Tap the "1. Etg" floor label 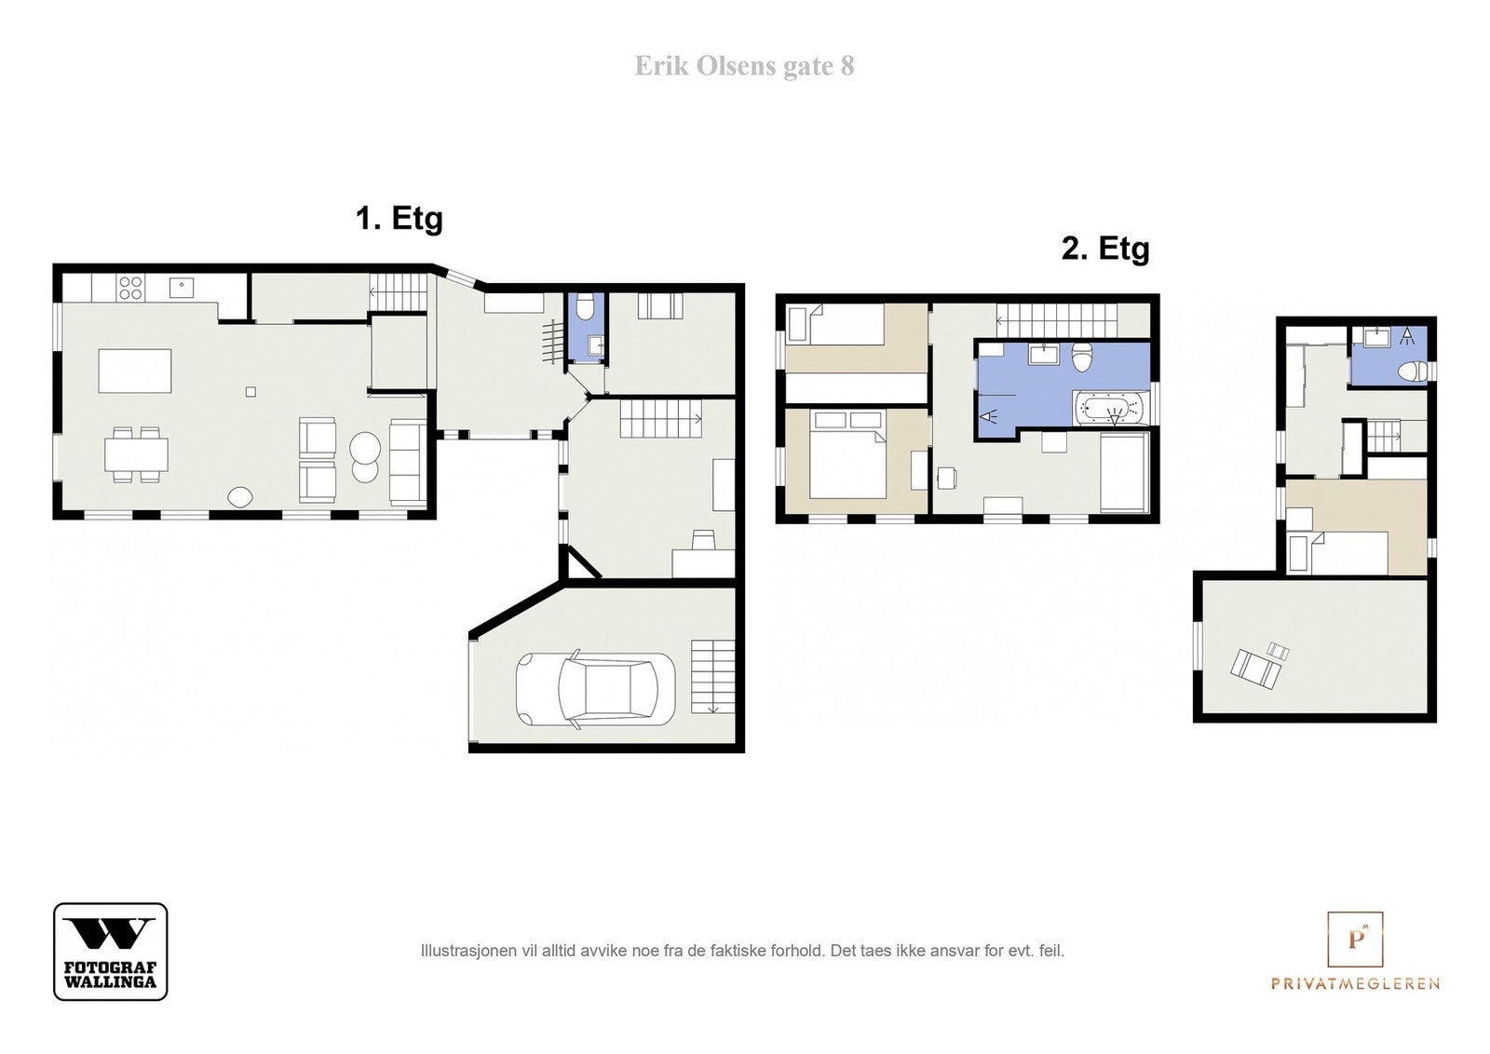tap(400, 218)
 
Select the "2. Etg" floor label tap(1105, 249)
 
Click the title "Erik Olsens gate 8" tap(744, 66)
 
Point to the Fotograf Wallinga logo tap(111, 951)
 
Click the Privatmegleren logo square tap(1355, 939)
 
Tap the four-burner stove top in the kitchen tap(129, 288)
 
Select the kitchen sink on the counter tap(181, 288)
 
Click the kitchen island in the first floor tap(135, 372)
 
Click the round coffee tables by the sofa tap(364, 457)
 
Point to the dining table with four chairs tap(136, 454)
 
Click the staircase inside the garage tap(713, 677)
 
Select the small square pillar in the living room tap(251, 392)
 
